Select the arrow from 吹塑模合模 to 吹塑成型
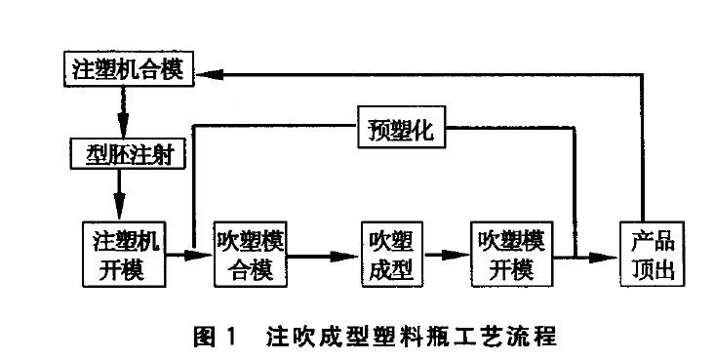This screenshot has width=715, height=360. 323,256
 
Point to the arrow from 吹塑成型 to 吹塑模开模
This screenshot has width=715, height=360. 447,256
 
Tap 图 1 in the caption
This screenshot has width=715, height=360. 219,339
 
